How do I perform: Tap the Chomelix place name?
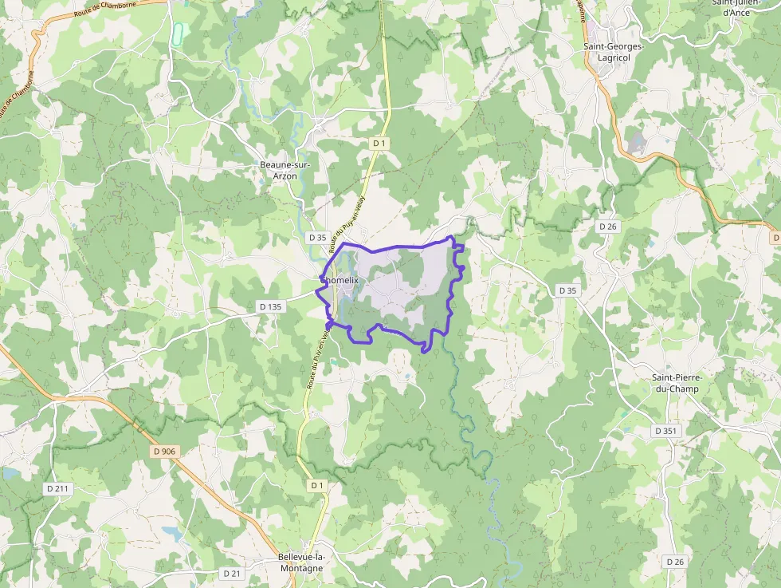tap(340, 280)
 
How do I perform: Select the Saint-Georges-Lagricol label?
tap(613, 52)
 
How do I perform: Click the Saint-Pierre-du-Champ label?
tap(676, 383)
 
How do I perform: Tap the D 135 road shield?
tap(271, 306)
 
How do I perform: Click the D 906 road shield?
tap(164, 452)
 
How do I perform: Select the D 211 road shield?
tap(58, 487)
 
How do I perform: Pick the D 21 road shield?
tap(232, 573)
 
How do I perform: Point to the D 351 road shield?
tap(665, 431)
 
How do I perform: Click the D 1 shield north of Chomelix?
tap(379, 143)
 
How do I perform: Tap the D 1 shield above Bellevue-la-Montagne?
tap(317, 485)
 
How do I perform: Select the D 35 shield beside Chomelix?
tap(318, 238)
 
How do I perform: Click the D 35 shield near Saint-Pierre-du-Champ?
tap(567, 290)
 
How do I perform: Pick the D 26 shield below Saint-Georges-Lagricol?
tap(608, 227)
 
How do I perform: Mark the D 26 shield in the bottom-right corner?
tap(674, 562)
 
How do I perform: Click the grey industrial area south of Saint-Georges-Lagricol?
tap(637, 144)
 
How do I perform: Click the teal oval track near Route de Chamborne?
tap(179, 32)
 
